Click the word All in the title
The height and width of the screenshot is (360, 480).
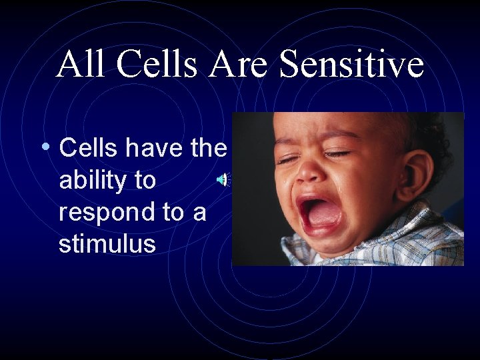coord(79,65)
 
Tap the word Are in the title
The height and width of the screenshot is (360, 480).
coord(241,65)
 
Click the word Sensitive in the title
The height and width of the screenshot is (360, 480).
coord(352,65)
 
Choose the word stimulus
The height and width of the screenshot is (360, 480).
coord(107,243)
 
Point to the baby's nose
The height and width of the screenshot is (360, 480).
coord(310,173)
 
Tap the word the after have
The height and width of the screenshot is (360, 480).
coord(209,148)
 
